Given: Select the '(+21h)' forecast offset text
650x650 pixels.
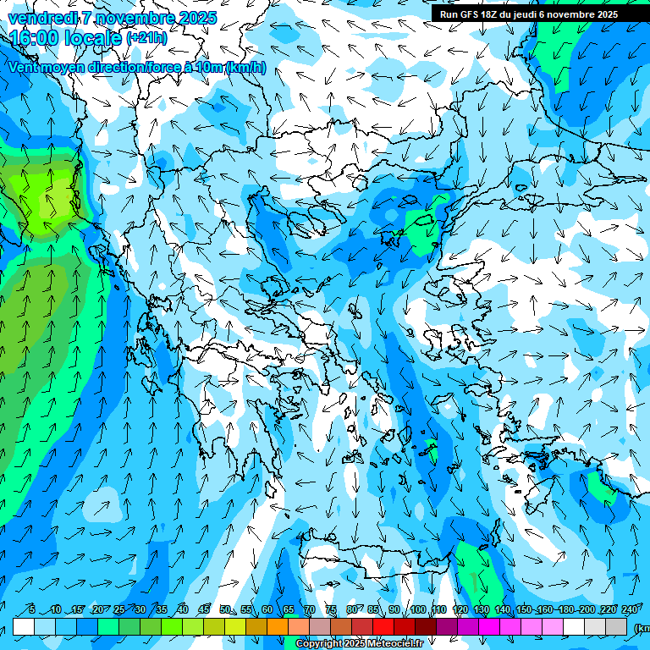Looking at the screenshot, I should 146,38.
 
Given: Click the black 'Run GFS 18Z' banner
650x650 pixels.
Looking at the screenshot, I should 529,14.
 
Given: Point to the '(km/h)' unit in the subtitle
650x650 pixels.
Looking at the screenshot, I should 246,68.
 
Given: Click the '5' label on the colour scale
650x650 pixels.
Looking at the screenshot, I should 31,609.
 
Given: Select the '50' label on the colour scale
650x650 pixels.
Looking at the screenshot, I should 224,609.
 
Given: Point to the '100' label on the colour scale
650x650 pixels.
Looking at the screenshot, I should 417,609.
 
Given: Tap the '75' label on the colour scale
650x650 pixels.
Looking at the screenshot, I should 330,609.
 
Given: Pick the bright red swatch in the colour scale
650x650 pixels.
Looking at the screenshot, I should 383,627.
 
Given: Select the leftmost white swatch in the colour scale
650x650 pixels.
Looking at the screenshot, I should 24,627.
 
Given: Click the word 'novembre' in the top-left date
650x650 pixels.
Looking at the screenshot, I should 128,18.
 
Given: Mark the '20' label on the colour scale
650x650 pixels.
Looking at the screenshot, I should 97,609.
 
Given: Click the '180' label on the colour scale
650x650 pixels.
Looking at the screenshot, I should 566,609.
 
